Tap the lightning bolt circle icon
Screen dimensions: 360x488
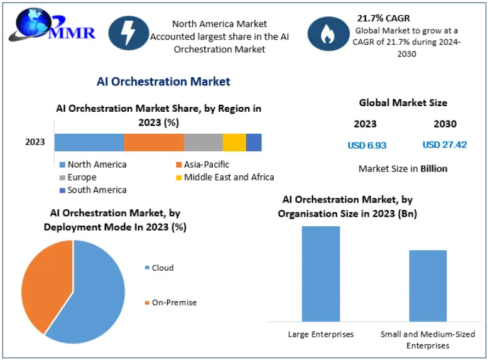click(x=128, y=33)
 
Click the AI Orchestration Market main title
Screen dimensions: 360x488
click(x=163, y=82)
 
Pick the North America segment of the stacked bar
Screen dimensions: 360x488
click(x=89, y=142)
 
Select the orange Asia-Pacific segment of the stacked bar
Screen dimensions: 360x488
click(x=153, y=142)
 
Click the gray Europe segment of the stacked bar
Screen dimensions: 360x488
click(x=203, y=142)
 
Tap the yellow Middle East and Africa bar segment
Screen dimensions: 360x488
click(x=234, y=142)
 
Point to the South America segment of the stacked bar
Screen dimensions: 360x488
click(x=254, y=142)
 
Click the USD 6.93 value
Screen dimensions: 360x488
click(x=367, y=145)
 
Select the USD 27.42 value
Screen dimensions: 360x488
click(x=445, y=145)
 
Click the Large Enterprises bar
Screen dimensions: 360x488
click(x=321, y=273)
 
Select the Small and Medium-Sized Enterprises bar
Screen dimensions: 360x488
click(x=428, y=286)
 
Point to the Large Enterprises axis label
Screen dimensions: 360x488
click(x=321, y=334)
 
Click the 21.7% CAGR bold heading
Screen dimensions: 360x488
click(x=383, y=18)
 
